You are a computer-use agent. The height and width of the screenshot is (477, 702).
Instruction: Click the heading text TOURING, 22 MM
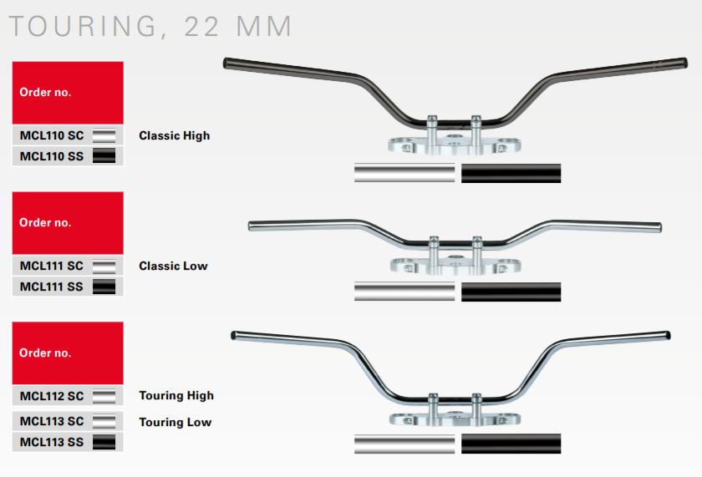click(x=150, y=26)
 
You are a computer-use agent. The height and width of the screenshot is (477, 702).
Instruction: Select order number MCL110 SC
click(x=52, y=135)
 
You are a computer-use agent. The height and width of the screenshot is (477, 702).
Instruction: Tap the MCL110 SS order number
click(x=52, y=156)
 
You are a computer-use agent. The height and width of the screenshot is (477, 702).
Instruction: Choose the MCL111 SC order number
click(x=52, y=266)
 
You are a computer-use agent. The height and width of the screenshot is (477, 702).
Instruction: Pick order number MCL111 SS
click(x=52, y=287)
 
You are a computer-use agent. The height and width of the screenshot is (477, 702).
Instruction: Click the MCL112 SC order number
click(x=52, y=396)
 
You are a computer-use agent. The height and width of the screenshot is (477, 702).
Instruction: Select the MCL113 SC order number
click(x=52, y=421)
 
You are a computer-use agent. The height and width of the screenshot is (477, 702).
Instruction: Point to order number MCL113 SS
click(x=52, y=442)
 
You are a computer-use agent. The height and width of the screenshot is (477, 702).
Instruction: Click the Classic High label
click(x=174, y=135)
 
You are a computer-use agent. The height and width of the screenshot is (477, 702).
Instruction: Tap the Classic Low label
click(x=173, y=266)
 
